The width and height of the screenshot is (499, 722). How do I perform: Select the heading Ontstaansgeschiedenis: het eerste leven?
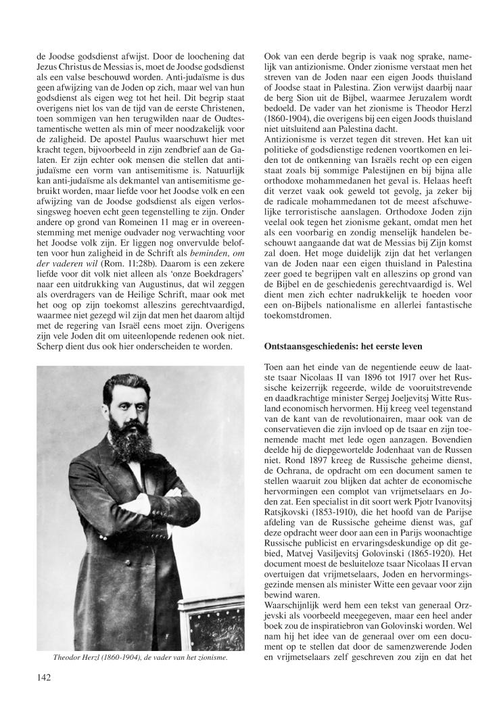[x=343, y=346]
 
